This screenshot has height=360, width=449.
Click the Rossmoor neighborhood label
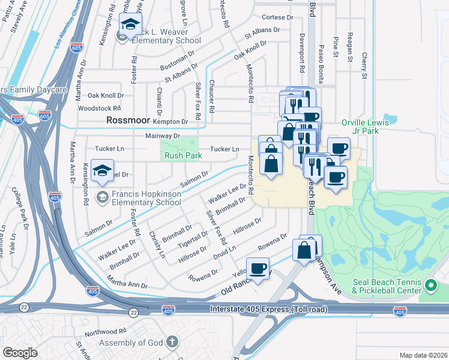127,120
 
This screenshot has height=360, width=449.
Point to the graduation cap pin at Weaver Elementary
128,26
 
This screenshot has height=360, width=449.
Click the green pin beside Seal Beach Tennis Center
430,284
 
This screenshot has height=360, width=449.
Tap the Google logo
20,352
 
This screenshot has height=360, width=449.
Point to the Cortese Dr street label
277,18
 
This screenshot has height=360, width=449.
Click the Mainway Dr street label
163,136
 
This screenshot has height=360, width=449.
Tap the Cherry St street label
364,66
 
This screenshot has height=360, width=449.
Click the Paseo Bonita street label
322,60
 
